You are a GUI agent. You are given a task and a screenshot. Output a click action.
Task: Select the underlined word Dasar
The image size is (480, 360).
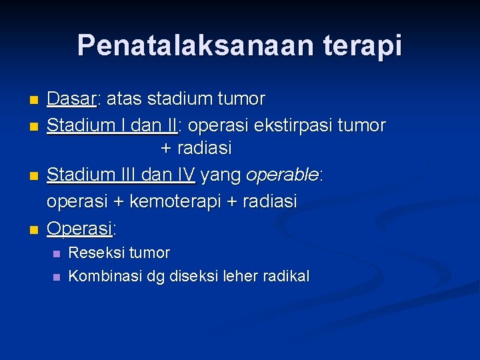pyautogui.click(x=72, y=99)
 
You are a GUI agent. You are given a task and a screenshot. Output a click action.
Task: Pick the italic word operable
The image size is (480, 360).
pyautogui.click(x=283, y=175)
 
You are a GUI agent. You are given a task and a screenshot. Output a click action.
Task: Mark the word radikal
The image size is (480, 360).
pyautogui.click(x=288, y=276)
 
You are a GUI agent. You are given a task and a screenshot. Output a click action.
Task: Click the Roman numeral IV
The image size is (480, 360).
pyautogui.click(x=186, y=175)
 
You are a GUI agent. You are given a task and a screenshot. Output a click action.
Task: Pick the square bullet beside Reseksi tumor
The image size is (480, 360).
pyautogui.click(x=56, y=254)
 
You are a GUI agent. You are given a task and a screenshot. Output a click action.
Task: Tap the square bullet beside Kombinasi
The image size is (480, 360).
pyautogui.click(x=56, y=277)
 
